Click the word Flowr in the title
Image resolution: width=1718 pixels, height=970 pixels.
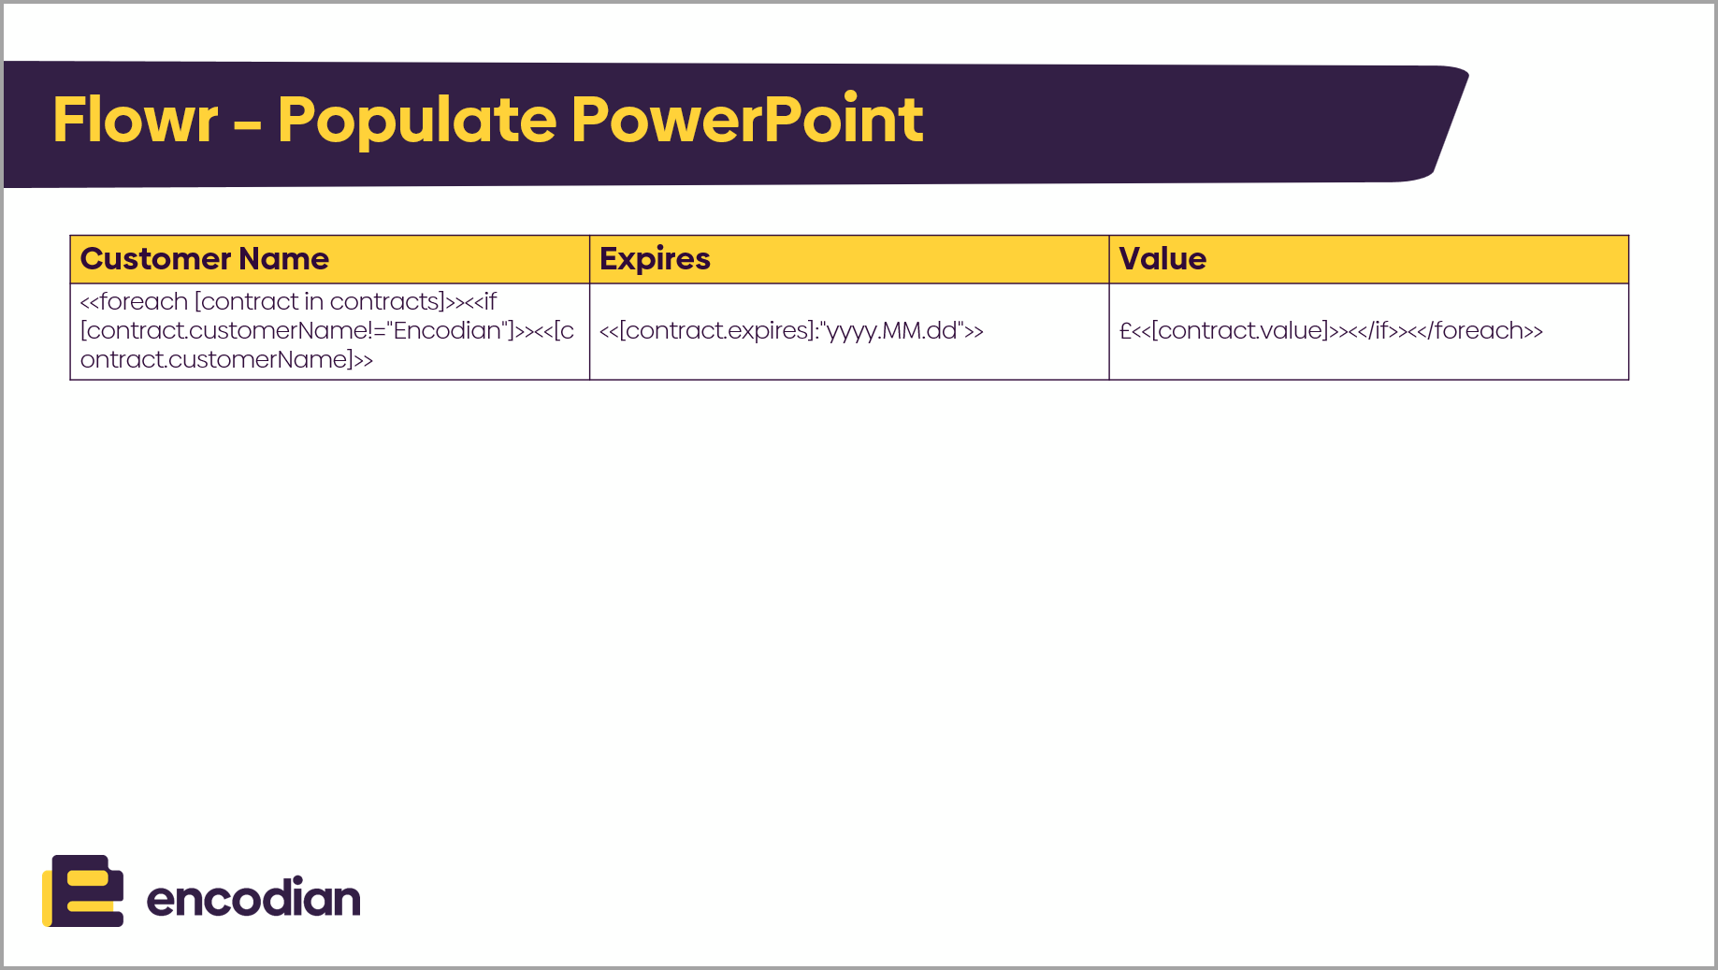[136, 120]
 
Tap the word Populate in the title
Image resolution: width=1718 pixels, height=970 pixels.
[417, 120]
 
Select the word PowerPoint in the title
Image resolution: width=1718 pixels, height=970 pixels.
[747, 120]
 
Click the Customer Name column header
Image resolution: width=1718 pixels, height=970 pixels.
[204, 259]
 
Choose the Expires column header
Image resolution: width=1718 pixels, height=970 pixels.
[655, 259]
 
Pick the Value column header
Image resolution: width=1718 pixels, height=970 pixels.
[1162, 259]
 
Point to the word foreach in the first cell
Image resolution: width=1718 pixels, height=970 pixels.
[143, 302]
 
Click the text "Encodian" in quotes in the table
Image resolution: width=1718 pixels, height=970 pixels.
[447, 331]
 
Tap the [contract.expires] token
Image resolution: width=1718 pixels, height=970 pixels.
[716, 331]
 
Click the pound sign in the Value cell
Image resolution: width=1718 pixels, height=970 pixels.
[1125, 331]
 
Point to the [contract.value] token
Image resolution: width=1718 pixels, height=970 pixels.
[1239, 331]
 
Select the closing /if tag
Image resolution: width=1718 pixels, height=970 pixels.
[1372, 331]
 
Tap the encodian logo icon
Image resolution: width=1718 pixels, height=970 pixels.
[83, 890]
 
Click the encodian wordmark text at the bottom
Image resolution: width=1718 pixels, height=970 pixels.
[253, 898]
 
